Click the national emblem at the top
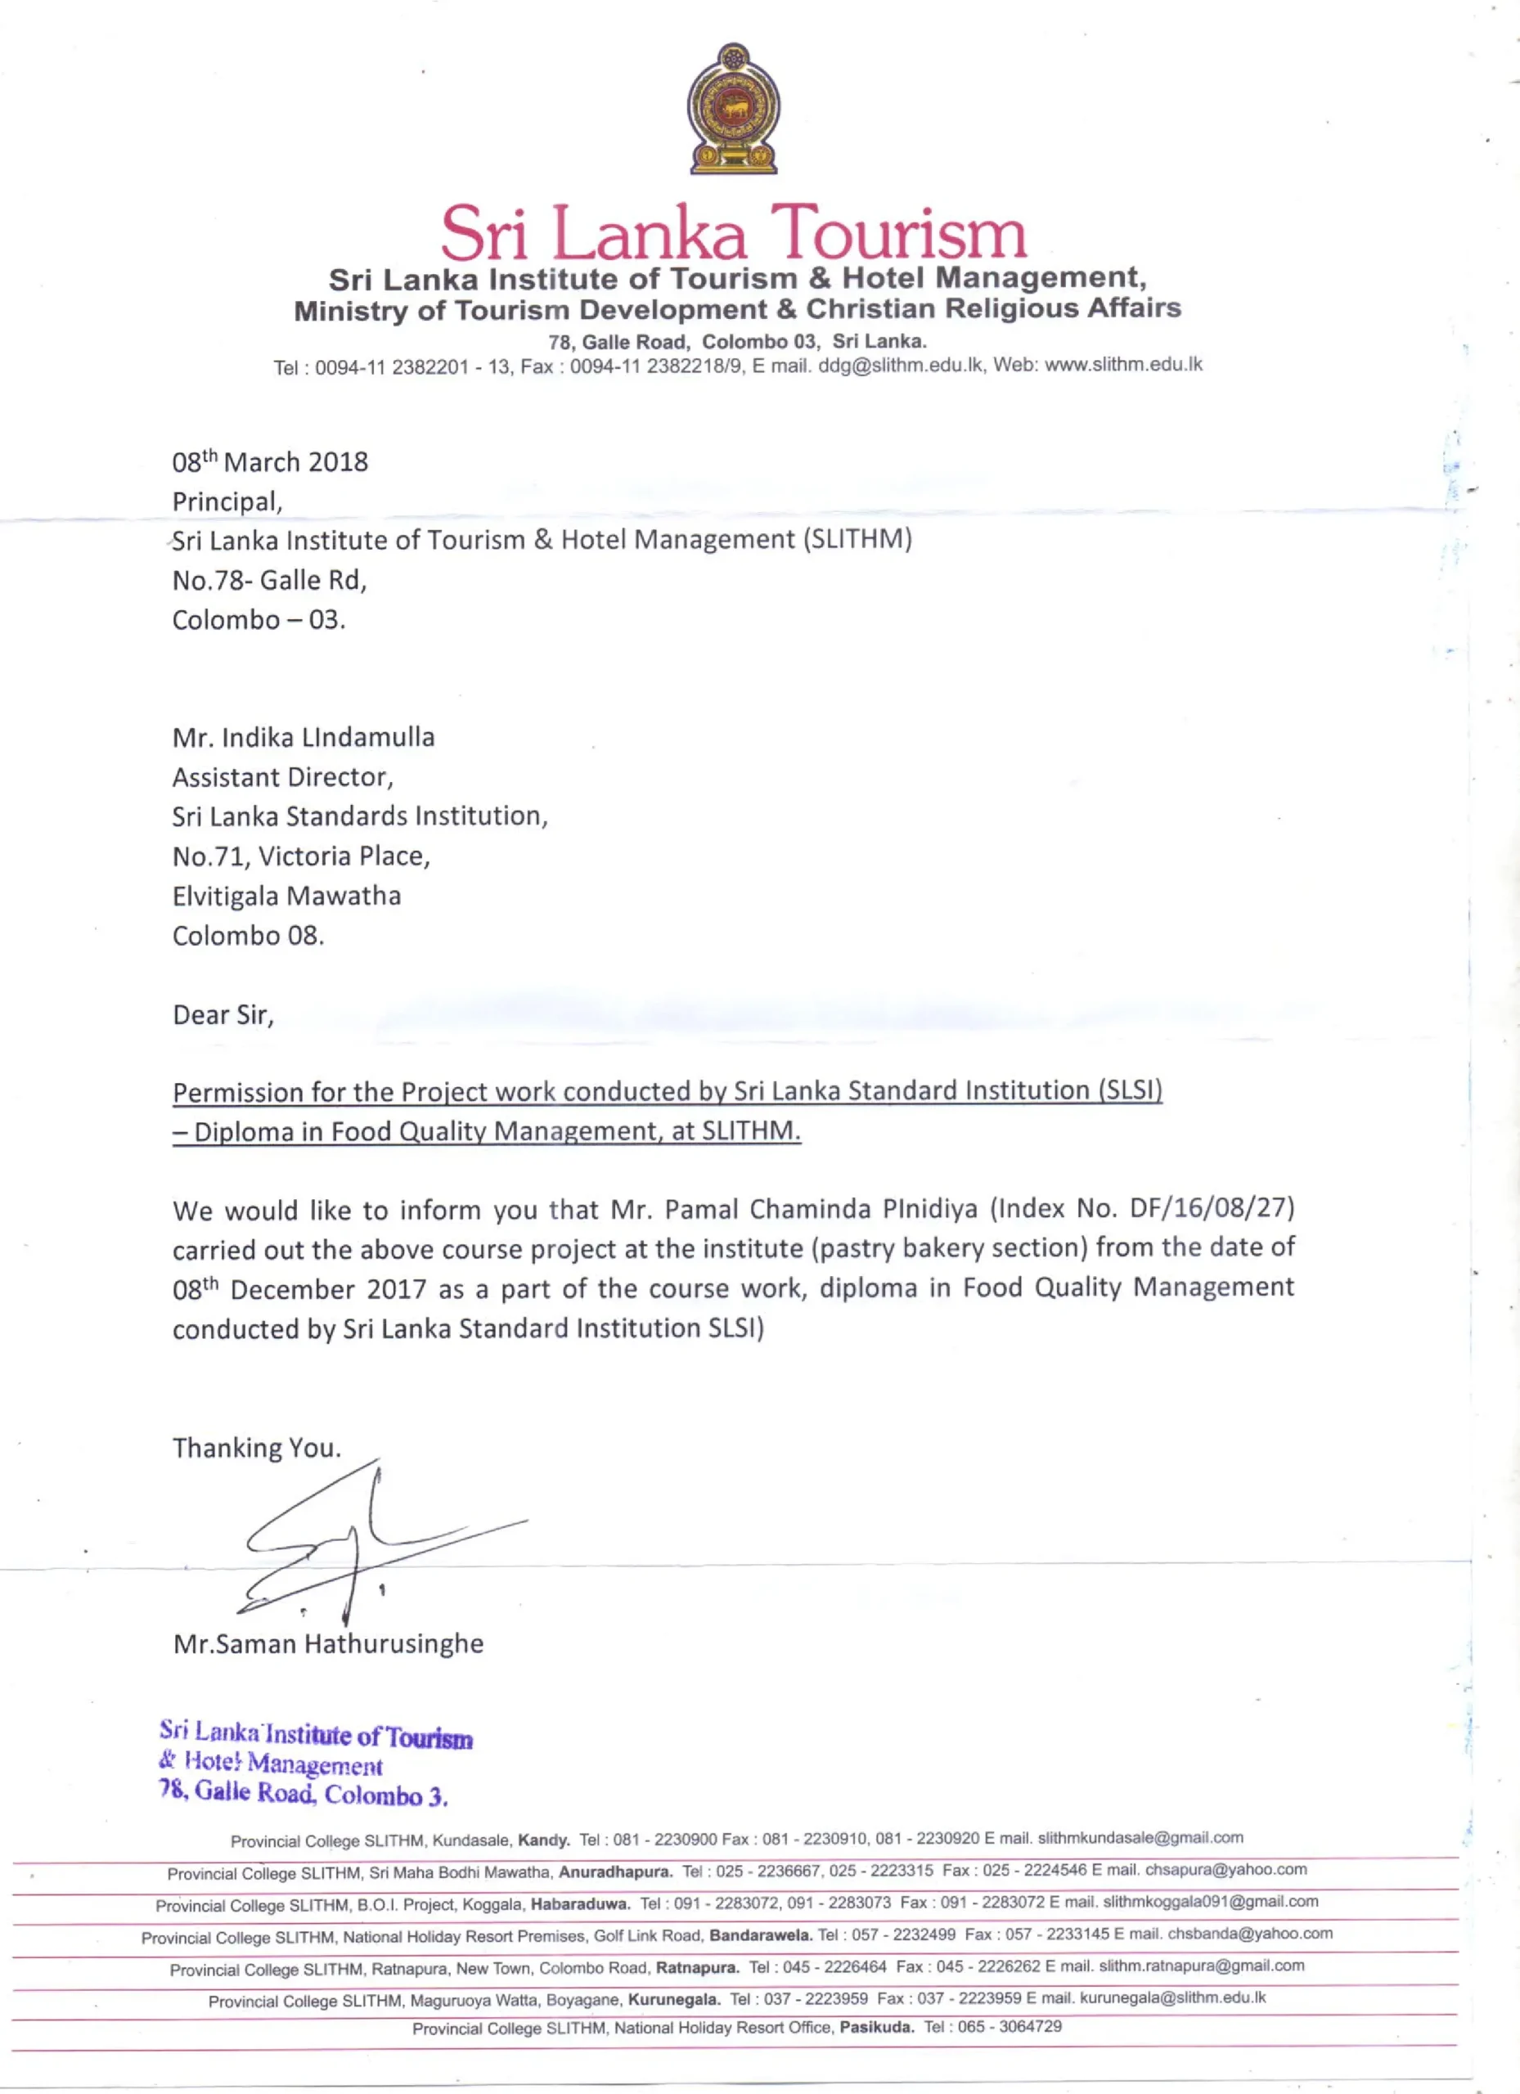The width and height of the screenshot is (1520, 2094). coord(733,108)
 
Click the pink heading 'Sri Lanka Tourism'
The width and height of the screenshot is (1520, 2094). coord(733,232)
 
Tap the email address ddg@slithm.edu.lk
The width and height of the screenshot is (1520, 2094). coord(901,366)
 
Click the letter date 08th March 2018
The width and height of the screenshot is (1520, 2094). coord(270,461)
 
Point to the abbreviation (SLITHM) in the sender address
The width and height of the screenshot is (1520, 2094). coord(857,539)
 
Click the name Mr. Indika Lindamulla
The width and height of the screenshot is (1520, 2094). coord(303,738)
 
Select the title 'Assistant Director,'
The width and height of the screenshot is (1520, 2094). coord(282,777)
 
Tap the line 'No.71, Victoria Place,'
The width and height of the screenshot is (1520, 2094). coord(301,856)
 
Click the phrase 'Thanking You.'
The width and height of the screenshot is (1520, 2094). coord(257,1448)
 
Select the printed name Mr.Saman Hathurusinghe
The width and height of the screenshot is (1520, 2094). coord(328,1644)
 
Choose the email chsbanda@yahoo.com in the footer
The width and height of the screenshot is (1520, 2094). coord(1249,1934)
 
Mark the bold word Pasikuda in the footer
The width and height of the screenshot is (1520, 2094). coord(876,2028)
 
